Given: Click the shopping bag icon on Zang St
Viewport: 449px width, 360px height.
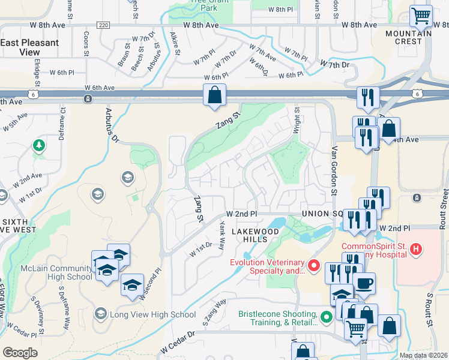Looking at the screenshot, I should pyautogui.click(x=214, y=95).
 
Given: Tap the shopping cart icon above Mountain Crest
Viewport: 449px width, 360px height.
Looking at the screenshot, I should pyautogui.click(x=421, y=16).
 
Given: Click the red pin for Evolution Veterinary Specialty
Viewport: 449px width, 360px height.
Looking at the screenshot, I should pyautogui.click(x=312, y=265).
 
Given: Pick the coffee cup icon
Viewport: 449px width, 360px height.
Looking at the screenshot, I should pyautogui.click(x=364, y=283).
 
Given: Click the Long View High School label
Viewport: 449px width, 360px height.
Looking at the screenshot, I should pyautogui.click(x=152, y=314).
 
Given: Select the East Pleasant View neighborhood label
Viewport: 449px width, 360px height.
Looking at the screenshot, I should pyautogui.click(x=29, y=47).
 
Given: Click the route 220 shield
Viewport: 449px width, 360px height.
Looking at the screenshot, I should pyautogui.click(x=103, y=25).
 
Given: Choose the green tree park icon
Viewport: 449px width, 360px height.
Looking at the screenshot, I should pyautogui.click(x=38, y=145).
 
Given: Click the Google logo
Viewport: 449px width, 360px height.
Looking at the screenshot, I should pyautogui.click(x=20, y=353).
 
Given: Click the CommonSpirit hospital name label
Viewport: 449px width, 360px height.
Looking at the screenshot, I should pyautogui.click(x=382, y=250).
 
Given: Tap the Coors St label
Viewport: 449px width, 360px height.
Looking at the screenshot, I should pyautogui.click(x=87, y=44).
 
